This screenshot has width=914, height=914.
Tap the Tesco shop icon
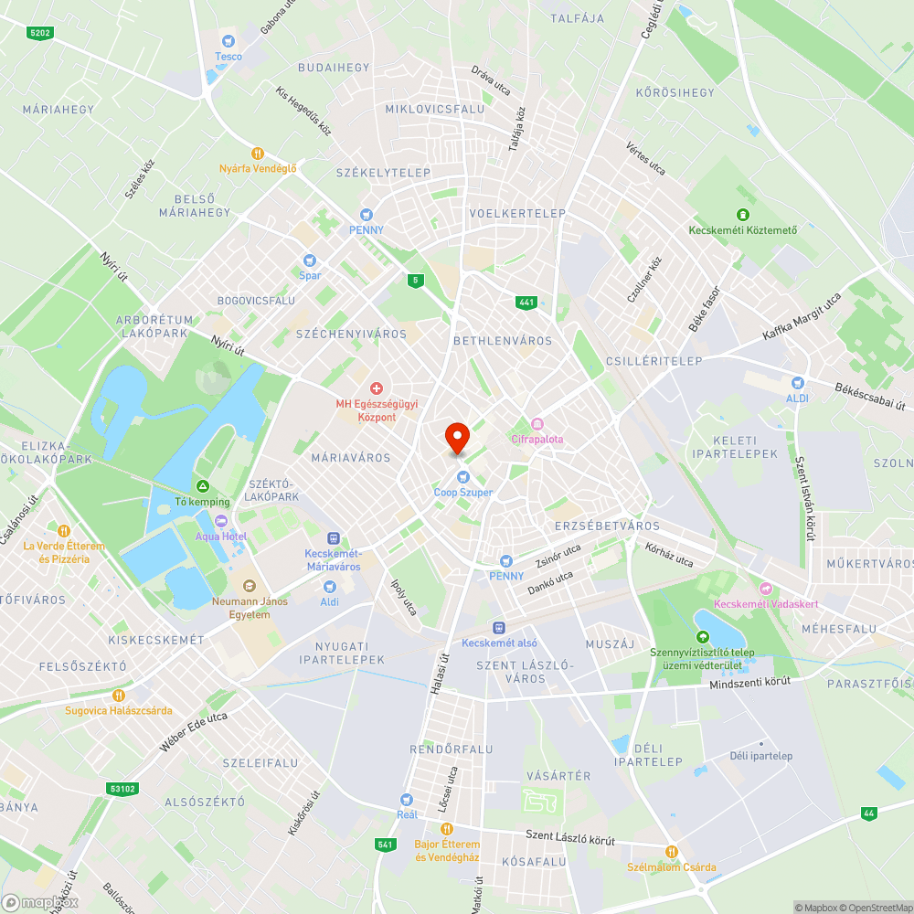228,40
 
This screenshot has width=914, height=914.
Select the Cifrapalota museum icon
537,423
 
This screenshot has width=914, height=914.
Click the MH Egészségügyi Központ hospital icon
376,389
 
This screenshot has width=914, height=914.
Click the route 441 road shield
525,303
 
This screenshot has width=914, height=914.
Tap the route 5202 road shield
40,33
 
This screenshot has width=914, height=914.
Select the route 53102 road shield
122,788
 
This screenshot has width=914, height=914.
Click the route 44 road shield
868,813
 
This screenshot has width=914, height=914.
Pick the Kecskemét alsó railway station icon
499,627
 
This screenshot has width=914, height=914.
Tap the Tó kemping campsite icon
203,486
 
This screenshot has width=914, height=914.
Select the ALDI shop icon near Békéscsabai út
797,383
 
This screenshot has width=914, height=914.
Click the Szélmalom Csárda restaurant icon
672,852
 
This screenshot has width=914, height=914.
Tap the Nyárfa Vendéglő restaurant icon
258,154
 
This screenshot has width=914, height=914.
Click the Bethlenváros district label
503,341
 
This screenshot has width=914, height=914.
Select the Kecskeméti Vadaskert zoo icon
765,590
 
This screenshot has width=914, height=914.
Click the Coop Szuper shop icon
463,476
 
